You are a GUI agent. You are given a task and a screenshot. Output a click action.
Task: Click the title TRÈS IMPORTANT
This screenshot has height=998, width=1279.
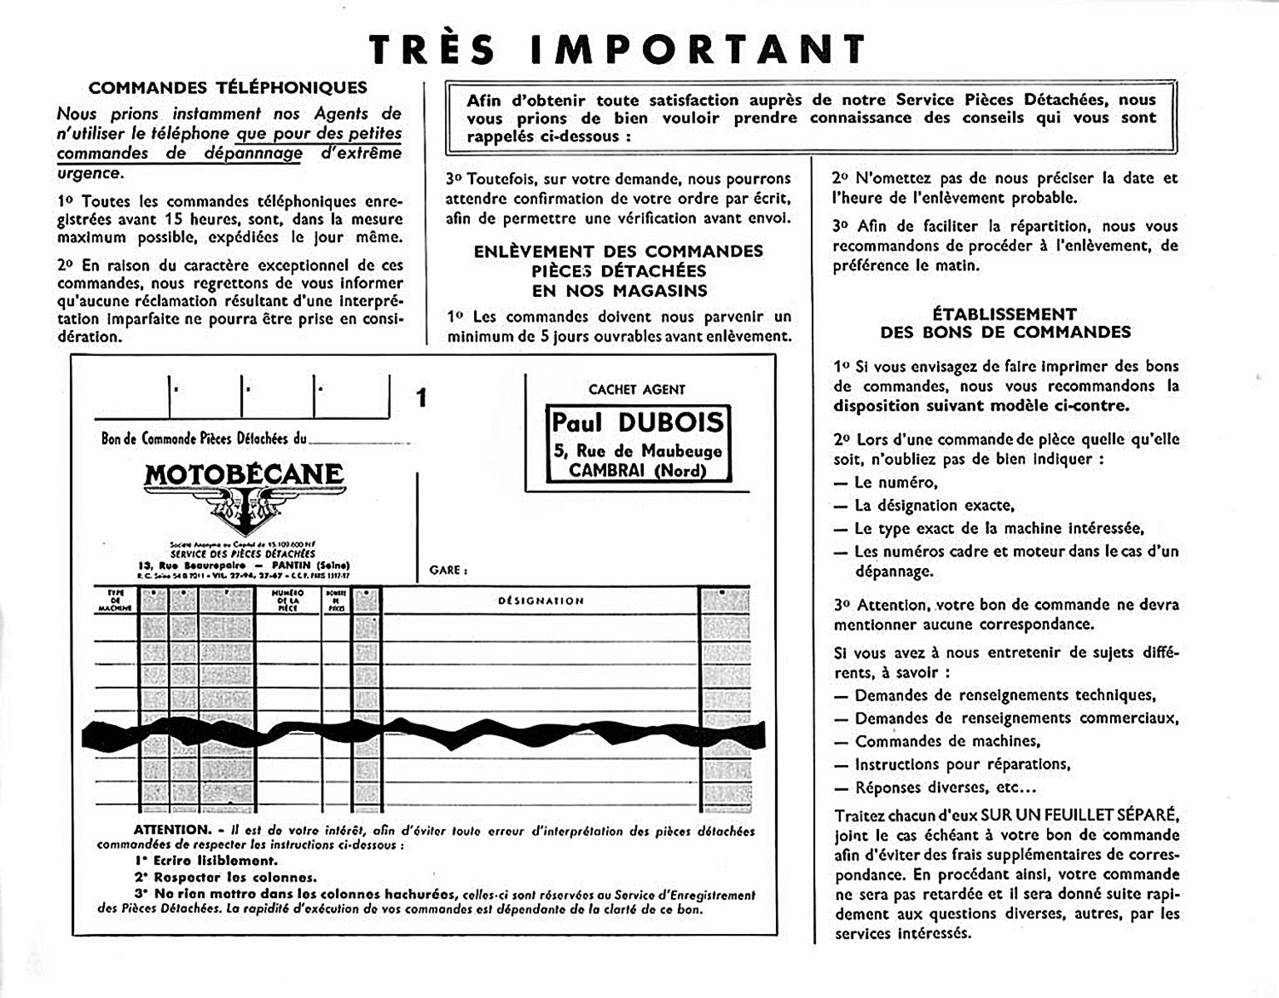point(617,49)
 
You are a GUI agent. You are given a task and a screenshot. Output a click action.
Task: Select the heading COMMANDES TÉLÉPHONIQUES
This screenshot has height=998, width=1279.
point(227,87)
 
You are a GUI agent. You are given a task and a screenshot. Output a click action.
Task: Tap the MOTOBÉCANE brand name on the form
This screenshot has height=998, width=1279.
point(244,475)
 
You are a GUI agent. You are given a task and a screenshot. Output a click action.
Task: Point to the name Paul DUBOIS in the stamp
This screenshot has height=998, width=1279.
point(638,422)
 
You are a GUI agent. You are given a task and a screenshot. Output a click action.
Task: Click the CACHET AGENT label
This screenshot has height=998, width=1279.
point(637,389)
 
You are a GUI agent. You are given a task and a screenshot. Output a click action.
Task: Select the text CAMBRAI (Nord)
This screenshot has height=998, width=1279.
point(638,471)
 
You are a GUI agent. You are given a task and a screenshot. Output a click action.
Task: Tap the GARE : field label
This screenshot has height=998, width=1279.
point(448,571)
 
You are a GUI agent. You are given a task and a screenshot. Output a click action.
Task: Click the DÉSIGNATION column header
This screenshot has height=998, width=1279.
point(541,600)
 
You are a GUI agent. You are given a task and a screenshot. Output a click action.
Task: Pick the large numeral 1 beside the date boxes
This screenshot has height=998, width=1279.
point(422,398)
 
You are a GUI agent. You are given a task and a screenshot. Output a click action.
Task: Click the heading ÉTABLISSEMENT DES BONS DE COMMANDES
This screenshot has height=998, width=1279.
point(1005,323)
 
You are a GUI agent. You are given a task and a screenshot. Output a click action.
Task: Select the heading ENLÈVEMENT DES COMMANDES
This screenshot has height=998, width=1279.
point(619,252)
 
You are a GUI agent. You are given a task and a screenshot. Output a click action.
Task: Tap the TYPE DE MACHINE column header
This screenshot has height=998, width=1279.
point(115,600)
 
